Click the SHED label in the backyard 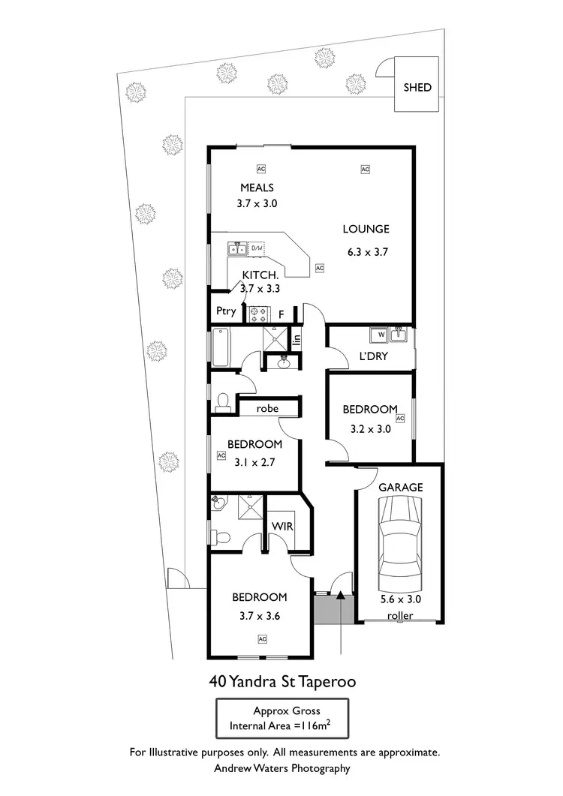click(417, 87)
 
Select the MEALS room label click(257, 188)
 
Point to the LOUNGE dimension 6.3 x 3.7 click(367, 253)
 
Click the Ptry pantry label click(226, 311)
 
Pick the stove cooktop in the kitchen click(259, 311)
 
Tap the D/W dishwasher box click(256, 248)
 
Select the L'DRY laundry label click(373, 356)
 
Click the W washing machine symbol click(381, 335)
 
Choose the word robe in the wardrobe click(267, 409)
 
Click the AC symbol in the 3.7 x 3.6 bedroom click(263, 638)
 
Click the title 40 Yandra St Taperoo click(281, 682)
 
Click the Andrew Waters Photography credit click(281, 767)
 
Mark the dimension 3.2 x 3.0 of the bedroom click(370, 430)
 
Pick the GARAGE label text click(400, 487)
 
